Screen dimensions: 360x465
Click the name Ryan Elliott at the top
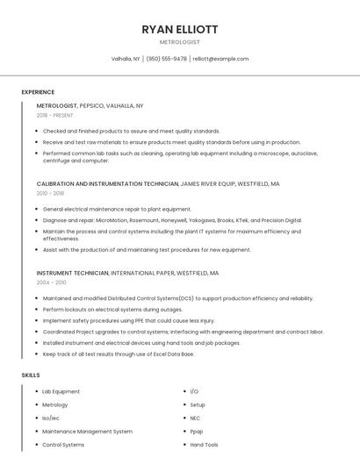coord(179,29)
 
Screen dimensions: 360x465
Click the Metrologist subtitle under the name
coord(179,42)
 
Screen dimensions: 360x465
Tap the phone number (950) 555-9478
coord(166,59)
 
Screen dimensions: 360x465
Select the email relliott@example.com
coord(220,59)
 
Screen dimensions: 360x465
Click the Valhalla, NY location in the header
coord(126,59)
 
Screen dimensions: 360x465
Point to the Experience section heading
coord(38,92)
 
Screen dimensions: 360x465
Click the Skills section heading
coord(31,376)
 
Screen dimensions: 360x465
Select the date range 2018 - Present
coord(55,116)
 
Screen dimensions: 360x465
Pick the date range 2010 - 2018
coord(50,193)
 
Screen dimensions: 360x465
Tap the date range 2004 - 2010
coord(50,283)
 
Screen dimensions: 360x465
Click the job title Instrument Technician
coord(72,273)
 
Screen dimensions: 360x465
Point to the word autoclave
coord(304,153)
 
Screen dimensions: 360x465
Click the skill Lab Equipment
coord(61,391)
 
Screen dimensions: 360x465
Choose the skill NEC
coord(195,418)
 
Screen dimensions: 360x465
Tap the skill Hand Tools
coord(204,445)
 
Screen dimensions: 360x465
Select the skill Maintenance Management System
coord(87,432)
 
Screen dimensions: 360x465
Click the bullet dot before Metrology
coord(36,405)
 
